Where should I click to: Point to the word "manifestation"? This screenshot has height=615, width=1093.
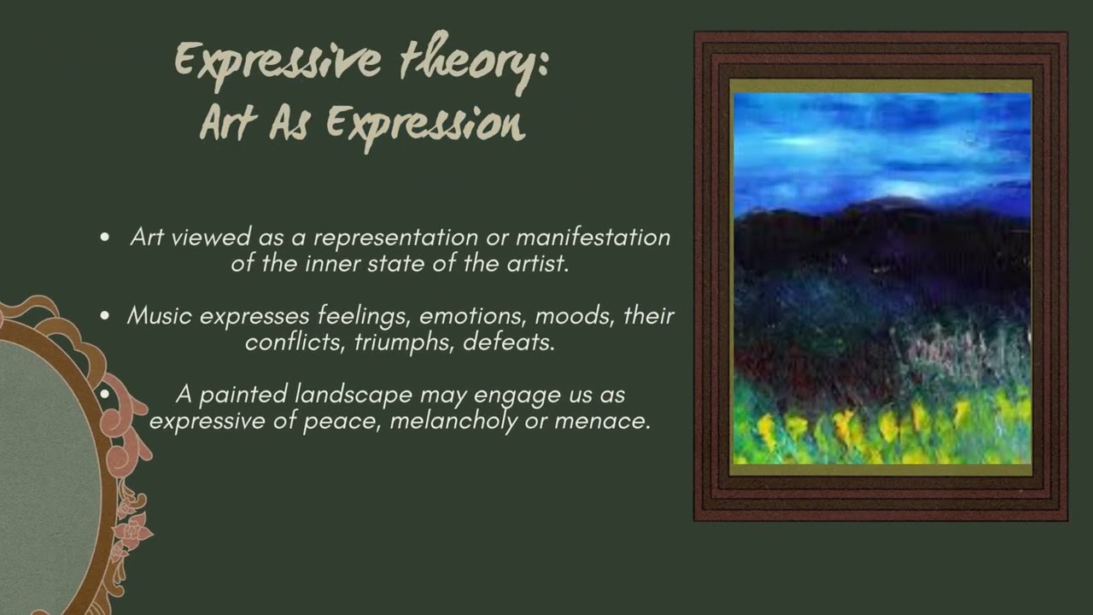click(593, 237)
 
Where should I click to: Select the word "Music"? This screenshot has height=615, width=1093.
click(160, 316)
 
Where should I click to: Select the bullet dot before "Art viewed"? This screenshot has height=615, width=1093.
click(105, 238)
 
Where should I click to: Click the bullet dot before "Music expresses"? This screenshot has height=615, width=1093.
click(105, 317)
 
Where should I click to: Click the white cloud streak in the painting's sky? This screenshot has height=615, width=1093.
click(905, 190)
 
